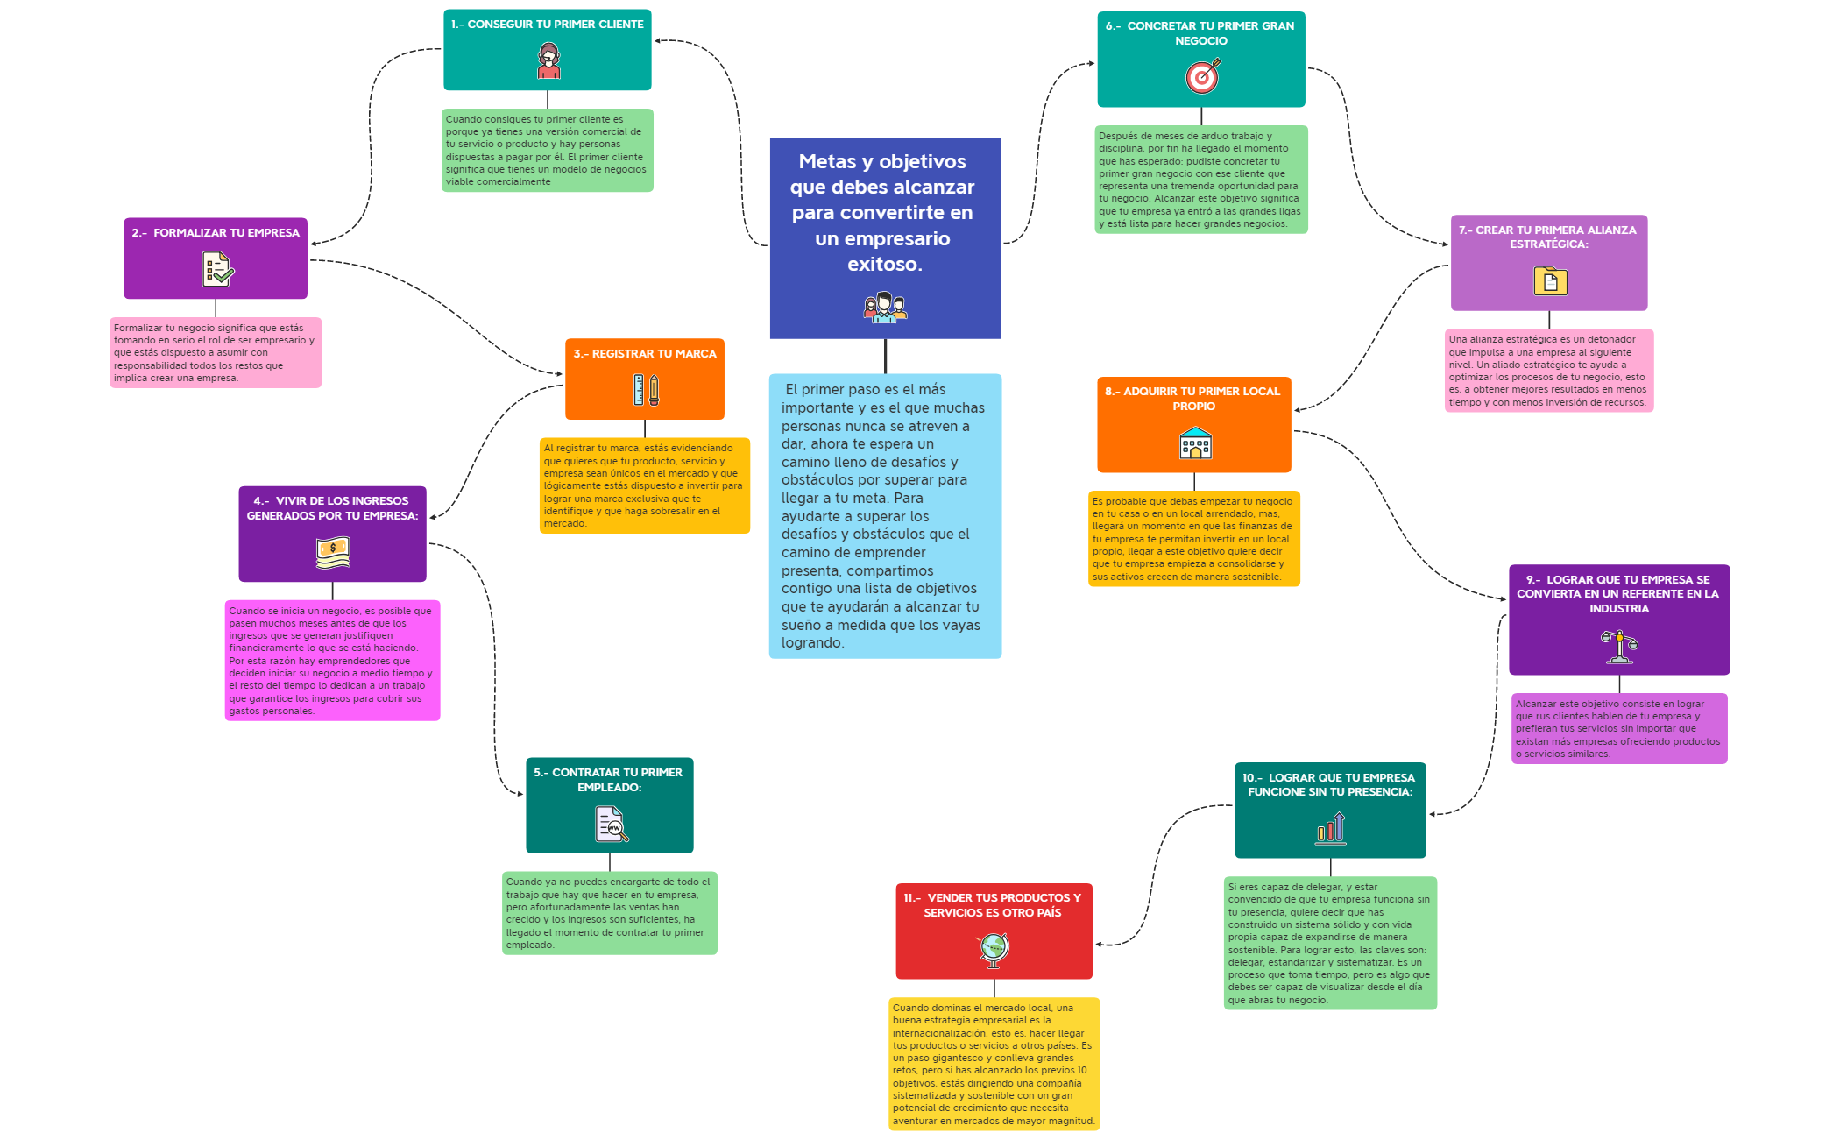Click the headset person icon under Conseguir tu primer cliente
coord(548,61)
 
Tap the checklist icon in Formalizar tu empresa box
coord(217,269)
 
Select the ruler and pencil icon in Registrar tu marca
coord(646,390)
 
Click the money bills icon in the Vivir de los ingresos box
coord(333,552)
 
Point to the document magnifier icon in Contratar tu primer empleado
coord(612,825)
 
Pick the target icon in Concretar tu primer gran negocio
coord(1202,76)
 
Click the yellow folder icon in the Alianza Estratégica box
coord(1550,281)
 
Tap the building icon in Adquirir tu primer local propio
coord(1195,443)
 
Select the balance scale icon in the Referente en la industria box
coord(1619,647)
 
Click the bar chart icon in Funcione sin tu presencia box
coord(1330,828)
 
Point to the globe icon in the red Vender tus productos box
coord(994,949)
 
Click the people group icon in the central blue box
coord(885,308)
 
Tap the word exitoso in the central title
coord(884,264)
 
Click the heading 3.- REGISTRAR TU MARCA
coord(645,354)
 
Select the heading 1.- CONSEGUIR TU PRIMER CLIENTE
coord(548,25)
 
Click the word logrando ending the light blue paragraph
coord(812,643)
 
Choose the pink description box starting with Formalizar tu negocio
coord(216,352)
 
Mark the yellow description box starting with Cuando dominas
coord(994,1064)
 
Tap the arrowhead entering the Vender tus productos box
coord(1099,945)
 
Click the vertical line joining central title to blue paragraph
coord(885,356)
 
